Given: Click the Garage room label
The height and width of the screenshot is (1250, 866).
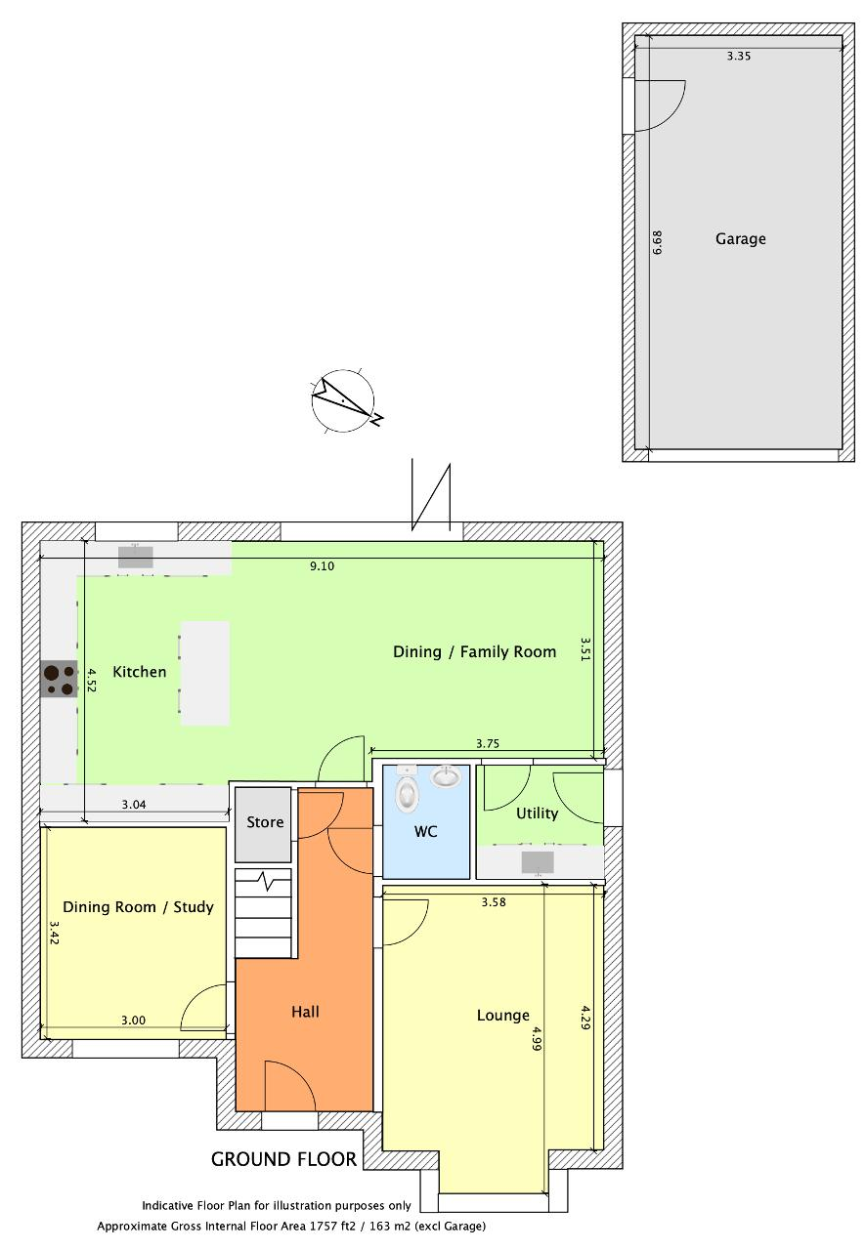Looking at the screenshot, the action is tap(740, 239).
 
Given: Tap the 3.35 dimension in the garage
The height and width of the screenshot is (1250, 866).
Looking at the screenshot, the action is tap(739, 56).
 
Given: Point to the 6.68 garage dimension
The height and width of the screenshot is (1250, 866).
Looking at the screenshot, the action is tap(657, 243).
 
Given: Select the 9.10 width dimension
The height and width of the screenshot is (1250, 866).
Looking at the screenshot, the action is tap(322, 566).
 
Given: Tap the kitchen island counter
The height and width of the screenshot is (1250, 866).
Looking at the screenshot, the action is tap(205, 673).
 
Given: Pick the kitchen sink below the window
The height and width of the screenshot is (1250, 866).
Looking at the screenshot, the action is tap(135, 557).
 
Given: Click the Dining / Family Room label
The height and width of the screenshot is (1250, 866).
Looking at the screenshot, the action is tap(474, 651).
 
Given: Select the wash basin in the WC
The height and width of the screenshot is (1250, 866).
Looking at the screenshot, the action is tap(446, 776).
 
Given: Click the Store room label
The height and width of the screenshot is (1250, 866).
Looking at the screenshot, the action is tap(265, 822).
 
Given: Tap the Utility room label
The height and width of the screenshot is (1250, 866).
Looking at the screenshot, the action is tap(537, 813).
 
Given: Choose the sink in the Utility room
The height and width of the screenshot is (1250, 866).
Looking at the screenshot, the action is tap(538, 862).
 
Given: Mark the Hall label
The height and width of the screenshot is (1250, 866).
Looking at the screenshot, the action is tap(305, 1012).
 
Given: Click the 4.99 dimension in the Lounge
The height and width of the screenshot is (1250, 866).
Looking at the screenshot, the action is tap(536, 1038).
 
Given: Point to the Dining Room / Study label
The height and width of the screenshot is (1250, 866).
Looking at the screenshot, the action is tap(138, 907).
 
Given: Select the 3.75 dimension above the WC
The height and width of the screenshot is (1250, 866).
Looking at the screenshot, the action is tap(487, 743).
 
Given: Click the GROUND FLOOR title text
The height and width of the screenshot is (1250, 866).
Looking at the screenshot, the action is tap(283, 1159).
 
